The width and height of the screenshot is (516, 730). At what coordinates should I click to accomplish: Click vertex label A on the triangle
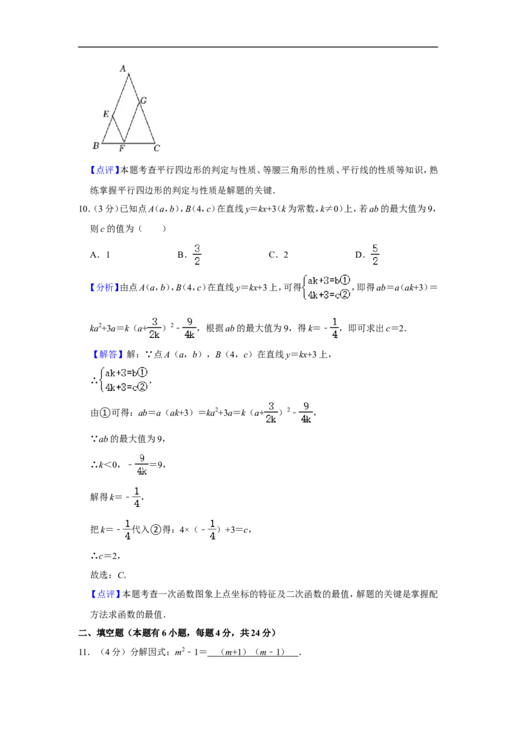click(123, 68)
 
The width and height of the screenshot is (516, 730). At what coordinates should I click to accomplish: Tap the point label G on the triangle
click(143, 100)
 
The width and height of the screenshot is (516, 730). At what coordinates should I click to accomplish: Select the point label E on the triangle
click(106, 114)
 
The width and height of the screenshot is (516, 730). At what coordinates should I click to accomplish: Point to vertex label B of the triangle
click(96, 146)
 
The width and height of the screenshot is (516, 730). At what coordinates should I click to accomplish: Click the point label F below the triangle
click(122, 148)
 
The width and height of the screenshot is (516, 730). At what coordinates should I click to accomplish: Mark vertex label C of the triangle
click(157, 148)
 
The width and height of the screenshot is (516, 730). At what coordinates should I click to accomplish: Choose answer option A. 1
click(100, 255)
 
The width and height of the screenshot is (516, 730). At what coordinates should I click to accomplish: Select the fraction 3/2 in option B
click(197, 255)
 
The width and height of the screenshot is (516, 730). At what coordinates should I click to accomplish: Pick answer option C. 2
click(279, 255)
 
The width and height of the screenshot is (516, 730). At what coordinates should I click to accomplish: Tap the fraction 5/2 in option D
click(375, 255)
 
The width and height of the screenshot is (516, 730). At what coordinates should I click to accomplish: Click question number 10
click(84, 209)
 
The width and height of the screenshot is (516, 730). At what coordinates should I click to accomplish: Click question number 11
click(84, 652)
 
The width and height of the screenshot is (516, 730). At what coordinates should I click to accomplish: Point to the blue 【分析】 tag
click(104, 288)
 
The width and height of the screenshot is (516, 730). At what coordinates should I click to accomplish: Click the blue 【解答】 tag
click(106, 355)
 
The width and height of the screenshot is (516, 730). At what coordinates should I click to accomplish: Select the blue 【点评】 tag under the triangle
click(104, 170)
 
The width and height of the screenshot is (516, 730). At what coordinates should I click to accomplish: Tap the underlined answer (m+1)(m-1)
click(253, 652)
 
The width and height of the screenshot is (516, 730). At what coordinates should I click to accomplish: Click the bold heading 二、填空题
click(101, 633)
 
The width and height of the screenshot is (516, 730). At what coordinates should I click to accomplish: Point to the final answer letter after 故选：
click(121, 575)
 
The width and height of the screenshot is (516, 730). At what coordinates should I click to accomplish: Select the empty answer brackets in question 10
click(152, 228)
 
